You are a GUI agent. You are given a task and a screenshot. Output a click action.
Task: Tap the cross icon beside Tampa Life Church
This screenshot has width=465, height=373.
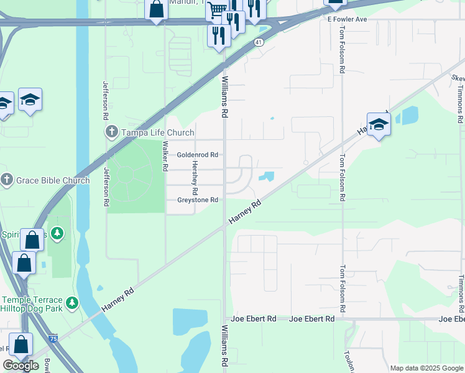pyautogui.click(x=111, y=132)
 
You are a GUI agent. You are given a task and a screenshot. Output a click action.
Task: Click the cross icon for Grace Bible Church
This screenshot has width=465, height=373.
pyautogui.click(x=7, y=181)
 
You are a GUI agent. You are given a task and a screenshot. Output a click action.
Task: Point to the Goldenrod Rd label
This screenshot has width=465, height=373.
pyautogui.click(x=197, y=155)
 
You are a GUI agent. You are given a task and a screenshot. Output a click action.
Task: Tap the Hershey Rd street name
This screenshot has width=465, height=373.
pyautogui.click(x=195, y=176)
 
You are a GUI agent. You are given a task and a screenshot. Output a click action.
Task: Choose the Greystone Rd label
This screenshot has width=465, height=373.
pyautogui.click(x=197, y=200)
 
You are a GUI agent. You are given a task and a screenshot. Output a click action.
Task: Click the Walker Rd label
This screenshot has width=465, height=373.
pyautogui.click(x=165, y=156)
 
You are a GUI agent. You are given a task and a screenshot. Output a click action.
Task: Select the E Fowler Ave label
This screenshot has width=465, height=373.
pyautogui.click(x=348, y=19)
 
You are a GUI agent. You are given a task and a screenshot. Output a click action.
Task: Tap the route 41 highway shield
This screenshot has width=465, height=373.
pyautogui.click(x=258, y=42)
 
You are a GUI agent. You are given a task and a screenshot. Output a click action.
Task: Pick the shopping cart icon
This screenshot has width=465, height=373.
pyautogui.click(x=217, y=9)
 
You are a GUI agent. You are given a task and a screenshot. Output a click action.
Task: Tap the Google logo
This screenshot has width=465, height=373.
pyautogui.click(x=21, y=366)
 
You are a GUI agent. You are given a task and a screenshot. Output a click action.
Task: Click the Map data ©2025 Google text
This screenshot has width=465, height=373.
pyautogui.click(x=427, y=368)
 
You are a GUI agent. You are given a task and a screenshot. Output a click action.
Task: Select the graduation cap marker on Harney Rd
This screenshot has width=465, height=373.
pyautogui.click(x=379, y=124)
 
